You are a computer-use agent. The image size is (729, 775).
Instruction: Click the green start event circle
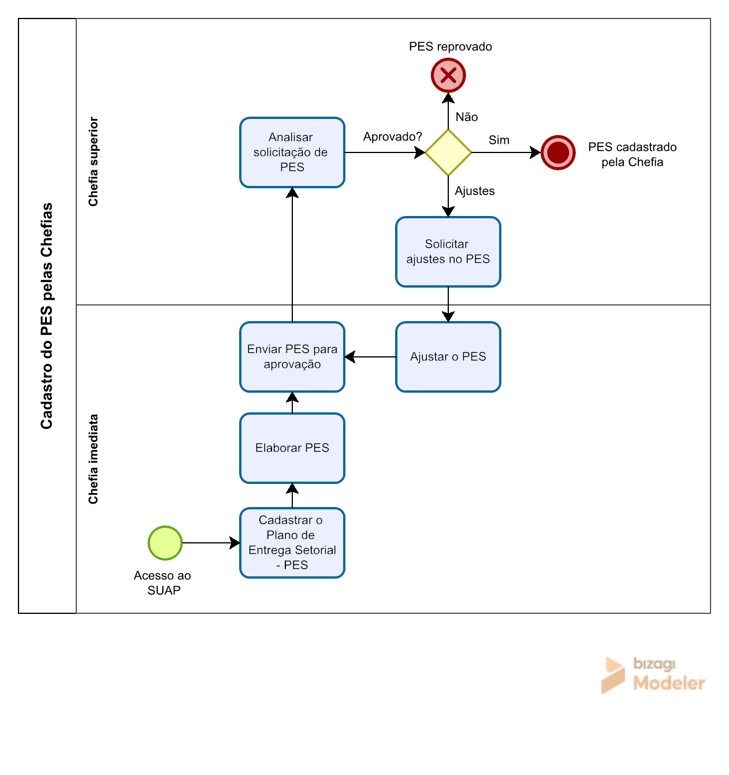click(x=165, y=542)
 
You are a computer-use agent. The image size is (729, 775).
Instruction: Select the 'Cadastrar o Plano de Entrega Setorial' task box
click(x=292, y=542)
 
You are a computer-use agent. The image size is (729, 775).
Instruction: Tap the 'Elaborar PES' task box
click(x=292, y=448)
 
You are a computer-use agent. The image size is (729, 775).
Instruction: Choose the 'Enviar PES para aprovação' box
click(x=292, y=357)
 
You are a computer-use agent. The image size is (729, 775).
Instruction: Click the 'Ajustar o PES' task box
click(x=448, y=357)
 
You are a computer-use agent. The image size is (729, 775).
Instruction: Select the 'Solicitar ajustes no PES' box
click(x=448, y=252)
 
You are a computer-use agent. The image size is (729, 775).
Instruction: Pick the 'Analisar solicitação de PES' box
click(x=292, y=152)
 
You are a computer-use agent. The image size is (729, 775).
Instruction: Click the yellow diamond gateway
click(x=448, y=152)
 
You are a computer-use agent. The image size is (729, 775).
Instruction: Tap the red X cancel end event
click(x=448, y=75)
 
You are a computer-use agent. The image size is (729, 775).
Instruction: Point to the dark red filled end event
click(x=557, y=152)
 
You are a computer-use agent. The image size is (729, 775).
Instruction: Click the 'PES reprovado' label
click(x=450, y=46)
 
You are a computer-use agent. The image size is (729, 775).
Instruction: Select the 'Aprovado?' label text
click(x=392, y=137)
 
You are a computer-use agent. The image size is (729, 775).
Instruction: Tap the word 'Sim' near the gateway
click(x=499, y=140)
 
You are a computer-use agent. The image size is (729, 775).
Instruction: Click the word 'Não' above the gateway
click(x=466, y=117)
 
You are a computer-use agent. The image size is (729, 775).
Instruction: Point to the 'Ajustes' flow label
click(x=474, y=191)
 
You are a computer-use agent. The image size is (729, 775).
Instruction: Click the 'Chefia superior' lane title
click(x=93, y=161)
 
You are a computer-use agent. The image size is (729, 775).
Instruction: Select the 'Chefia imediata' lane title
click(x=93, y=459)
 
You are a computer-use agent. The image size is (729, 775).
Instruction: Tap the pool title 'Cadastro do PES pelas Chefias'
click(x=46, y=316)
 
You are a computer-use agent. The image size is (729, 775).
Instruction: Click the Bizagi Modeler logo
click(x=653, y=675)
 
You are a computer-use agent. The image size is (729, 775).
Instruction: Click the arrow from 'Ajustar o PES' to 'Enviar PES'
click(x=370, y=357)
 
